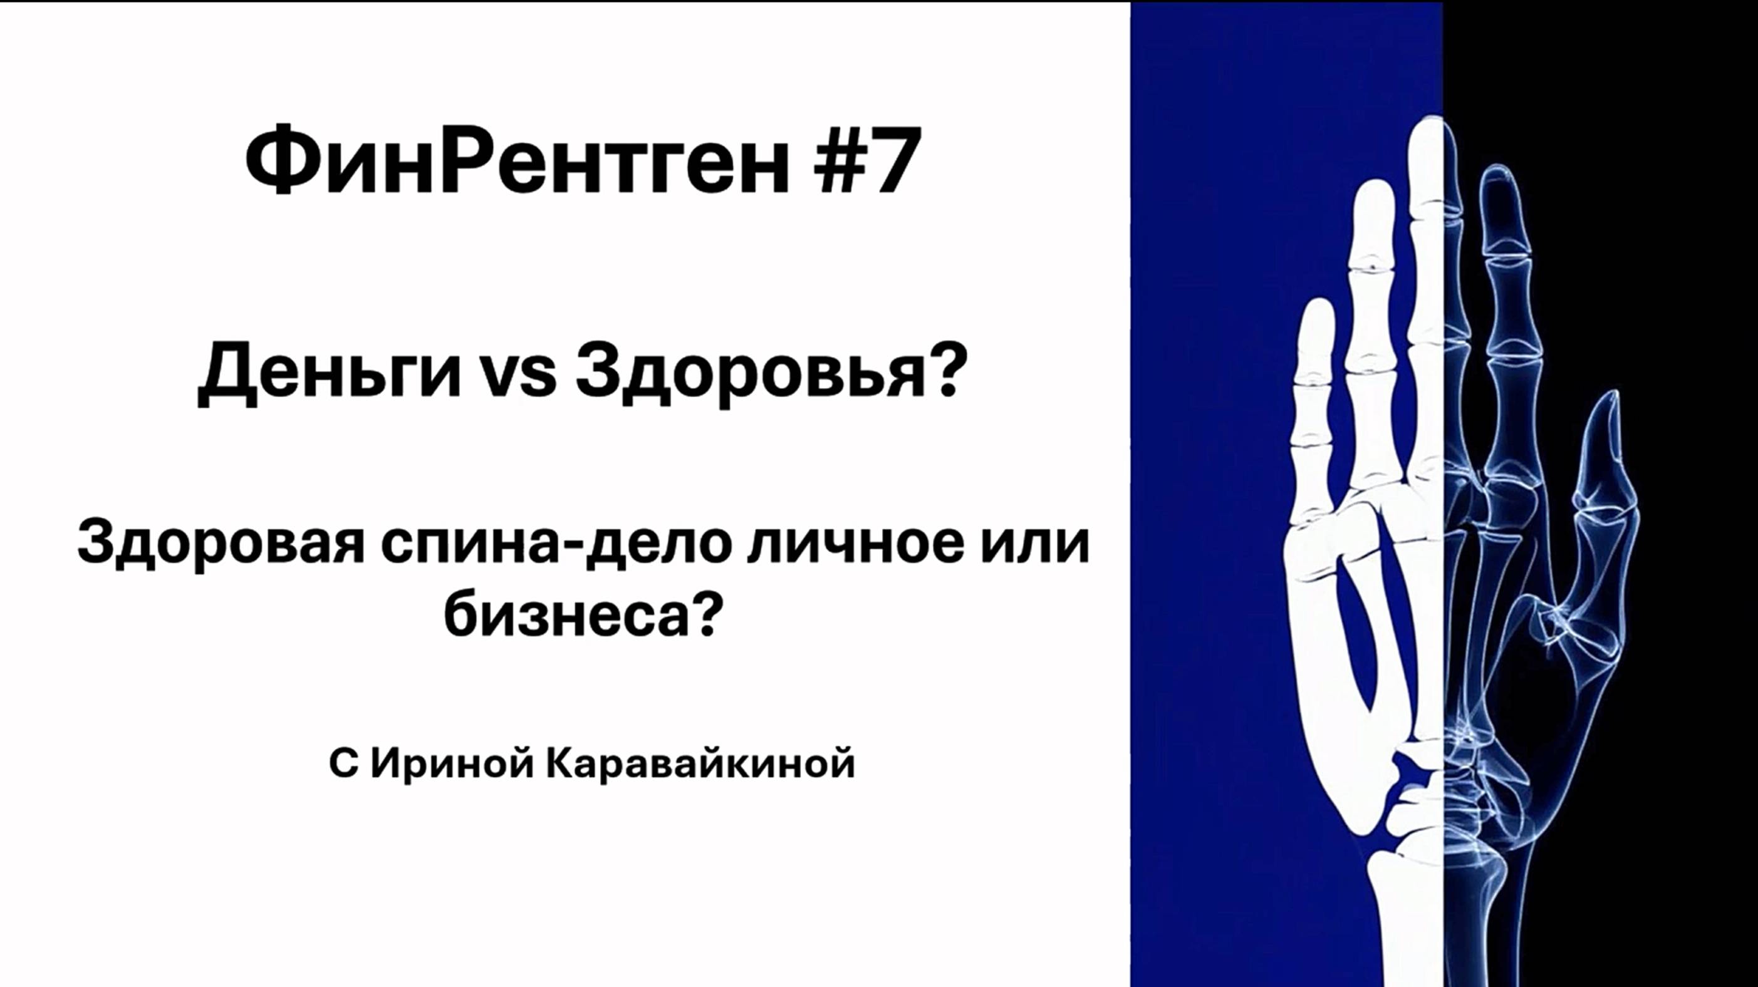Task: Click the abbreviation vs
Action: click(518, 377)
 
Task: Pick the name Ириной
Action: click(451, 764)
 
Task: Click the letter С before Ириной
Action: click(343, 764)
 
